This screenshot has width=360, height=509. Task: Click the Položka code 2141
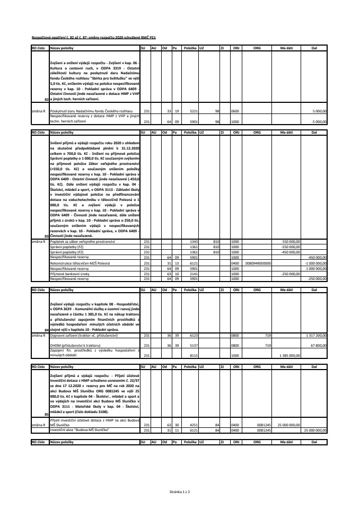(194, 274)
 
